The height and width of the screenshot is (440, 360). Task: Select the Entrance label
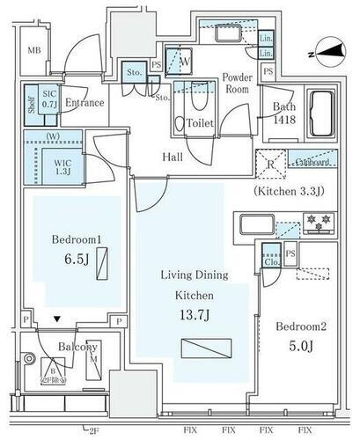[84, 103]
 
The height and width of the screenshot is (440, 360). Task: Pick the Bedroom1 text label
[67, 238]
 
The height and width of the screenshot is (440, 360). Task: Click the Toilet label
[201, 125]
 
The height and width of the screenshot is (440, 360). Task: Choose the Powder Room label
[237, 84]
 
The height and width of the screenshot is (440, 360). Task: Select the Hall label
[173, 157]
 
